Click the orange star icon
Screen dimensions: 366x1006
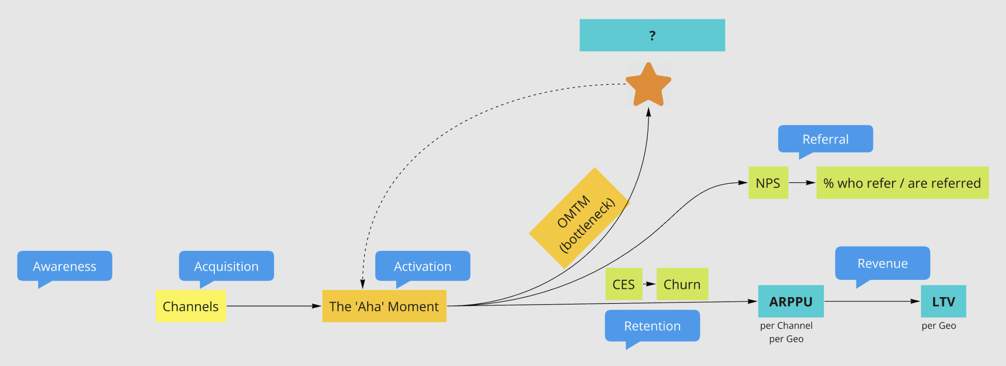click(648, 86)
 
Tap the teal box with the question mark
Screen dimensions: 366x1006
click(652, 35)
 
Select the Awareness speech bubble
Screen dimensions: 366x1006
click(64, 266)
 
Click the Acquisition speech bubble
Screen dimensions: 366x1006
click(226, 266)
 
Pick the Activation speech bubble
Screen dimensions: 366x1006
click(422, 266)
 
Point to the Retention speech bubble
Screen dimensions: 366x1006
click(652, 325)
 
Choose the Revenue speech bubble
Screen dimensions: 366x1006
click(882, 263)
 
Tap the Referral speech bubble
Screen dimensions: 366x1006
click(825, 139)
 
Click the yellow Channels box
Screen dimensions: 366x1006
click(191, 306)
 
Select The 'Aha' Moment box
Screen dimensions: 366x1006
click(384, 306)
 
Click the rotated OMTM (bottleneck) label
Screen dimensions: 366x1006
click(580, 219)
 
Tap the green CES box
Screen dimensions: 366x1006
click(623, 284)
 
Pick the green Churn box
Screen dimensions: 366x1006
click(682, 284)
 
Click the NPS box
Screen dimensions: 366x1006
click(768, 183)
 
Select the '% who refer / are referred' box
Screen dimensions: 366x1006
click(902, 183)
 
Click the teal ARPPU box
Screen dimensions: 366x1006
click(791, 301)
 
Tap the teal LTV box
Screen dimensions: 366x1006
click(943, 301)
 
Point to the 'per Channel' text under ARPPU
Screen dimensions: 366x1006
click(786, 325)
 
